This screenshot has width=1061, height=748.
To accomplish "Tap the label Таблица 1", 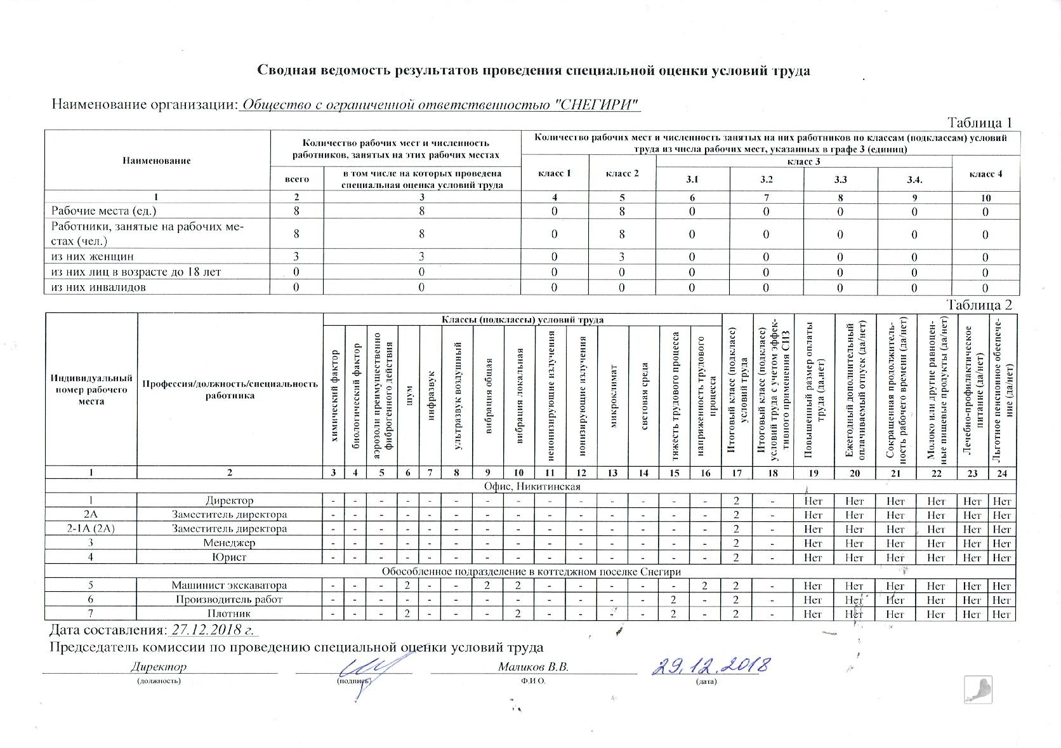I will pos(979,123).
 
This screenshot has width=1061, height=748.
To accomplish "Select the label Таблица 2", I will pos(979,305).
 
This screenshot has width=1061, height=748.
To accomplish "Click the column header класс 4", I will pos(985,174).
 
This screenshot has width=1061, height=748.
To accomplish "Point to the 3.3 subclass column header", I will pos(841,180).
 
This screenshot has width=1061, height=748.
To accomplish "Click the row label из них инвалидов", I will pos(98,287).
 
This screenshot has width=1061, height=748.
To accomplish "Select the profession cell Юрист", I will pos(229,557).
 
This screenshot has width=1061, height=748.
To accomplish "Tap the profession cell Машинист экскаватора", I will pos(229,585).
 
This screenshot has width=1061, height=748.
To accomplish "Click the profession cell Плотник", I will pos(229,613).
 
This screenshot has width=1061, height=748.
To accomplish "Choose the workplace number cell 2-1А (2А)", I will pos(91,528).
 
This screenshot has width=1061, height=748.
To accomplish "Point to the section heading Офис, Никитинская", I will pos(532,486).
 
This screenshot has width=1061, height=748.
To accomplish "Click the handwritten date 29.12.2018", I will pos(711,666).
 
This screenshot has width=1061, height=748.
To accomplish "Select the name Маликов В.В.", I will pos(533,667).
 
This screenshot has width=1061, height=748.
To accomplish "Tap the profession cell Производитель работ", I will pos(229,599).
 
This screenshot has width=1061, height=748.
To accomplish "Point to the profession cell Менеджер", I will pos(229,543).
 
